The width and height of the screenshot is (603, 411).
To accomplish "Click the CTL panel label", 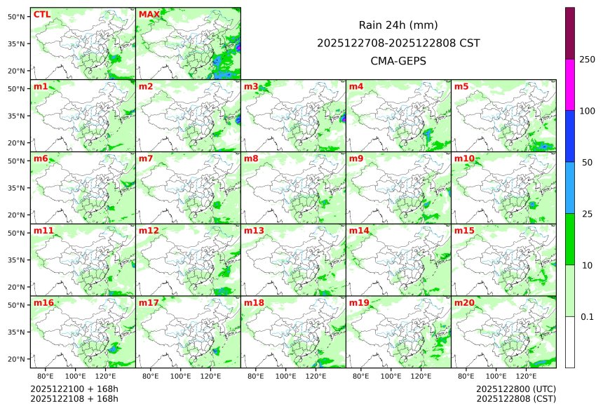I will tap(41, 14).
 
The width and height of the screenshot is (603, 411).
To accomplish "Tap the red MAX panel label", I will tap(149, 14).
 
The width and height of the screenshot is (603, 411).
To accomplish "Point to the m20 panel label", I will tap(465, 302).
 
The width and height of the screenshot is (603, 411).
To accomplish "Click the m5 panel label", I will tap(461, 86).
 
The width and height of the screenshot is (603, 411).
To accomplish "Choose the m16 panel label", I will tap(43, 302).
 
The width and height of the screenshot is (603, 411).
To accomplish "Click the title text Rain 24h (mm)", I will tap(398, 25).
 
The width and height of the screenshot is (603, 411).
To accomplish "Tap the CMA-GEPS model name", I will tap(398, 61).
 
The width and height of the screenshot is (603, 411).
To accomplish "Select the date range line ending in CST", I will tap(398, 43).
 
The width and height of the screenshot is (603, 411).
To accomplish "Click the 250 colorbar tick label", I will tap(587, 59).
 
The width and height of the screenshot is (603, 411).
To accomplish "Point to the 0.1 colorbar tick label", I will tap(587, 317).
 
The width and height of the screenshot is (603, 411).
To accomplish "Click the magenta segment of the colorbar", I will tap(570, 84).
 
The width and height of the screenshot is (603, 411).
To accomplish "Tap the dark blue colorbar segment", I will tap(570, 136).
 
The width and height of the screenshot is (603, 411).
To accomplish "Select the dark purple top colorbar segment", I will tap(570, 33).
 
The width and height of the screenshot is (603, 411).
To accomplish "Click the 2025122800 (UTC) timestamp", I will tap(515, 389).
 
